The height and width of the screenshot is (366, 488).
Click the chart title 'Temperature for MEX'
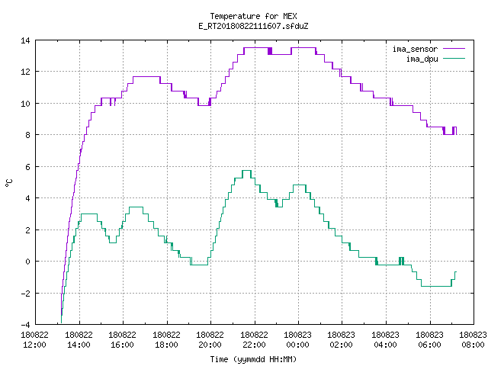point(253,16)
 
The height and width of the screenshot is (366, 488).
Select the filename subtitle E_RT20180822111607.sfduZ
point(253,26)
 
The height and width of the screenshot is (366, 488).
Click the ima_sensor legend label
point(415,49)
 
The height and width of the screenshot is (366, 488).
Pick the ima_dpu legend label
point(422,59)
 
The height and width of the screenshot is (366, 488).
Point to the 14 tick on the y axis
point(25,40)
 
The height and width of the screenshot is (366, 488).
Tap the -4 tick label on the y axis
point(25,324)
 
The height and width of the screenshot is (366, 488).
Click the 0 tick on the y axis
point(27,262)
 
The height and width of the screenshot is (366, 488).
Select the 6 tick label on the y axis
point(27,167)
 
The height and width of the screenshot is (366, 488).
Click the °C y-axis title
point(9,183)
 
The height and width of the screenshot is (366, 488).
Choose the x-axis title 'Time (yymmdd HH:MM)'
point(253,359)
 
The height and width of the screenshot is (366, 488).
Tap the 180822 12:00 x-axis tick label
point(34,339)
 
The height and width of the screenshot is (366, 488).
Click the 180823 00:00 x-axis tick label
point(298,339)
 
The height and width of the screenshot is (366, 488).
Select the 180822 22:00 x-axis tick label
point(254,339)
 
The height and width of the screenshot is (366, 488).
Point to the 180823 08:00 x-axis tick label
point(473,339)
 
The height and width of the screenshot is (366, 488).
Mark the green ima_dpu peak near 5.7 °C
point(246,170)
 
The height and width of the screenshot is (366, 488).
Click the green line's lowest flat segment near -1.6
point(436,286)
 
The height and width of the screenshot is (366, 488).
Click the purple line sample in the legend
point(454,49)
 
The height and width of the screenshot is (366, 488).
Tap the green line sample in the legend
point(454,58)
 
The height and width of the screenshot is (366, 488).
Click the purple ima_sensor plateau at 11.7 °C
point(146,76)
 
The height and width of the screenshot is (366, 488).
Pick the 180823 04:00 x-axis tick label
point(385,339)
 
